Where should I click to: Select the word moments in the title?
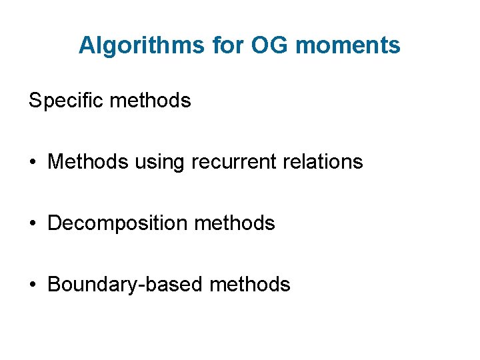pos(348,45)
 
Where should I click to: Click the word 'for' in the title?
pos(229,45)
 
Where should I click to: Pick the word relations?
pos(323,162)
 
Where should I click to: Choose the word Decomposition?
pos(119,223)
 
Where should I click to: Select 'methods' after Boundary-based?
pos(250,285)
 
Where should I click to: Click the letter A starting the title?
pos(86,45)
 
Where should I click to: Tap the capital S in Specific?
pos(35,101)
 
